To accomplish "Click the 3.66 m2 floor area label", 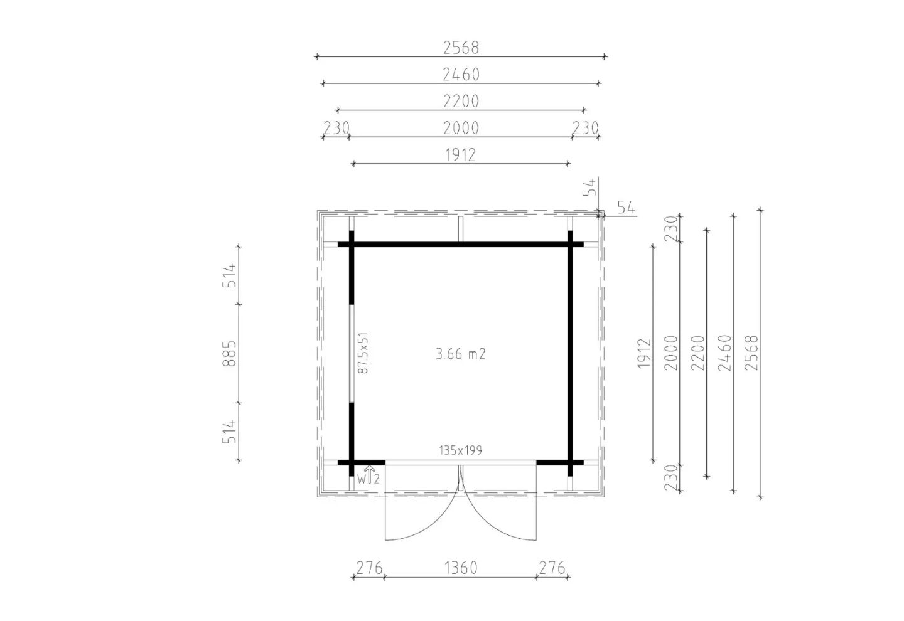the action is point(461,354).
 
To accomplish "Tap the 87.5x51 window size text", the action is point(363,353).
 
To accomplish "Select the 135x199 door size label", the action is point(461,450).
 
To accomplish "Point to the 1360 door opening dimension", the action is point(461,568).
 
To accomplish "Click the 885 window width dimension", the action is point(229,354).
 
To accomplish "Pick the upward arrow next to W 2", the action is point(369,475).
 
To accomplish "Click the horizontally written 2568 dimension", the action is point(461,48).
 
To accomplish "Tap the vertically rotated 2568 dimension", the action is point(751,353).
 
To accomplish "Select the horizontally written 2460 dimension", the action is point(461,75).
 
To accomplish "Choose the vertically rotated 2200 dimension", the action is point(698,353).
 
